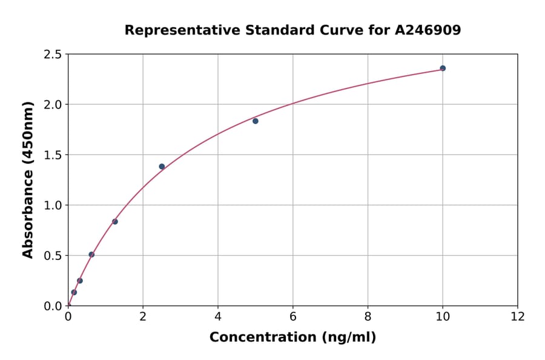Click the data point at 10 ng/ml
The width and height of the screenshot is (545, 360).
(x=443, y=68)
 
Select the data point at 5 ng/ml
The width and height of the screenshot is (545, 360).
(x=256, y=121)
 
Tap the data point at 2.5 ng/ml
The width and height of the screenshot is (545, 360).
(x=162, y=167)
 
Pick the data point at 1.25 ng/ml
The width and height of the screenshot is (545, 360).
(x=115, y=222)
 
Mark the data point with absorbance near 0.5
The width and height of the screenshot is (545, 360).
(x=91, y=255)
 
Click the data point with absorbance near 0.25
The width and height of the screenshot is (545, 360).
(x=80, y=281)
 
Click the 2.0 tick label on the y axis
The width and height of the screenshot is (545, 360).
(x=53, y=105)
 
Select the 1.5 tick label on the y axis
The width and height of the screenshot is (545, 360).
(x=53, y=155)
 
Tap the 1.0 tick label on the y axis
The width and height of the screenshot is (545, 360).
(x=53, y=205)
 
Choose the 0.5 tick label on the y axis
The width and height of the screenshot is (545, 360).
(x=53, y=256)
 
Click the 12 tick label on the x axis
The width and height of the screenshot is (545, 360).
(x=518, y=317)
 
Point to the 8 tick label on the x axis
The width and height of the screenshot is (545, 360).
(x=368, y=317)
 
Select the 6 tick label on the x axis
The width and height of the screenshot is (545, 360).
(x=292, y=317)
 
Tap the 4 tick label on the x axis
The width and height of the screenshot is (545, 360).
(x=218, y=317)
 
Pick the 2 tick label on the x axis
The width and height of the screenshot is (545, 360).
(x=143, y=317)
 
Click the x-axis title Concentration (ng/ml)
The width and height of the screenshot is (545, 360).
(x=292, y=338)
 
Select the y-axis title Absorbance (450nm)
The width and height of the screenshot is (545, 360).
(x=28, y=179)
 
